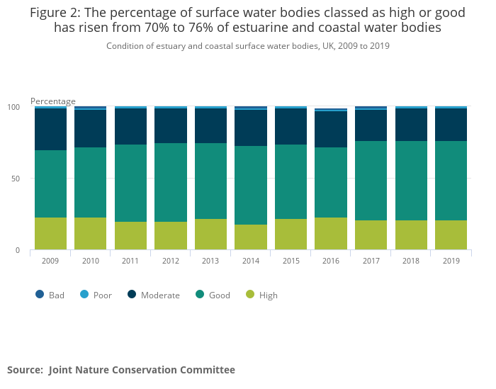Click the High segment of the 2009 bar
click(x=50, y=234)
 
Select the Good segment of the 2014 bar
click(x=251, y=185)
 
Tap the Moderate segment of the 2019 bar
click(x=451, y=125)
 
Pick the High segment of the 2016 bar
click(x=331, y=234)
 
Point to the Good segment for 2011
click(x=130, y=183)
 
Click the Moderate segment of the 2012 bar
click(x=171, y=126)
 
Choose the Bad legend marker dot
click(x=40, y=295)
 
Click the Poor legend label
click(x=103, y=295)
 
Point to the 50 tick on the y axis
click(x=16, y=179)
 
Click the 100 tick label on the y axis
click(x=13, y=107)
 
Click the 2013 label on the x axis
click(x=210, y=261)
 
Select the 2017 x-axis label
click(x=371, y=261)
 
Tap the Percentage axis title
click(x=53, y=101)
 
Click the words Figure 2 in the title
click(x=59, y=13)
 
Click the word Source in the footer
click(x=23, y=370)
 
